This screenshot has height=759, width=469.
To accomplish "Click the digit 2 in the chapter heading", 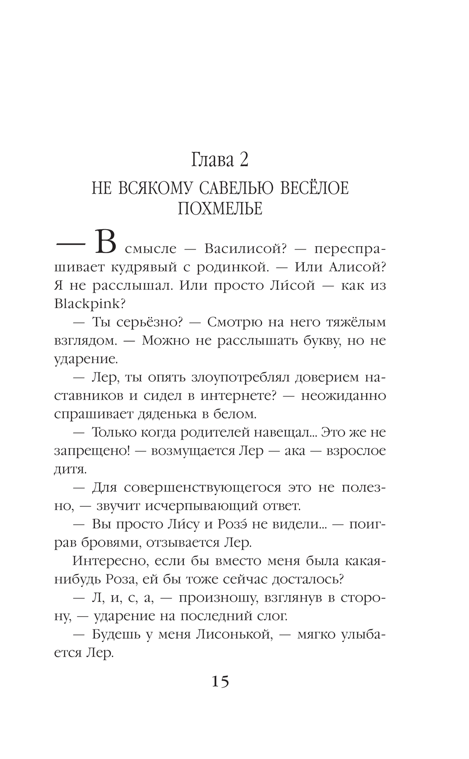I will coord(243,161).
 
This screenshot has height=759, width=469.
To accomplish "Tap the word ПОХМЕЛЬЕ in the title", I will coord(220,208).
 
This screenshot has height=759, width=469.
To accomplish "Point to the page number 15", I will coord(220,681).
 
